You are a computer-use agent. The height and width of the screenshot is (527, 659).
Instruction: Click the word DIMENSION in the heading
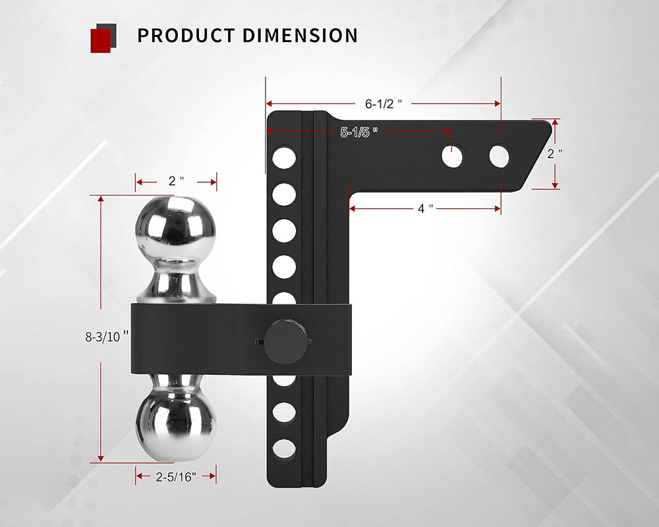299,35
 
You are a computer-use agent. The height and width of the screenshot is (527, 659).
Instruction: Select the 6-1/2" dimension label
384,103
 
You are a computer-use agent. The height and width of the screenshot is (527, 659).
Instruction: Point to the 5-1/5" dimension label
359,132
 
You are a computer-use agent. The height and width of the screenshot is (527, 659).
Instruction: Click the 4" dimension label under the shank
425,209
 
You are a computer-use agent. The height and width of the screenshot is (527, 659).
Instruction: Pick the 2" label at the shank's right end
556,153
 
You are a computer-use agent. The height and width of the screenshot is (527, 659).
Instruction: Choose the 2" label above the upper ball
176,180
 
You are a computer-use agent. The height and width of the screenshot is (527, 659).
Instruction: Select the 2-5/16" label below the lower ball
176,476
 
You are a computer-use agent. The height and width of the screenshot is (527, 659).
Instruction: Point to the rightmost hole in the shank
500,155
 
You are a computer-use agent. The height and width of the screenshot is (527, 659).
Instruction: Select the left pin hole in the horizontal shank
453,155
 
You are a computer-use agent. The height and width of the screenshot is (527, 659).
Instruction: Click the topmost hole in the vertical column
284,157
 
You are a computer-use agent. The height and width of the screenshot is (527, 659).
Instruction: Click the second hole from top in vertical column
284,194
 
